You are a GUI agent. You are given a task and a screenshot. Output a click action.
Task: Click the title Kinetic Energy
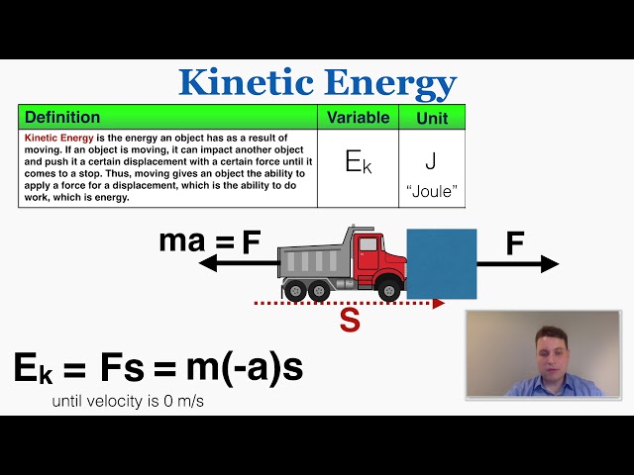tap(317, 82)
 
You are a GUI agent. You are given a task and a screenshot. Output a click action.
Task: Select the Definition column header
tap(62, 118)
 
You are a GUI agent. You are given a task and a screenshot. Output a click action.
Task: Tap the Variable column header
tap(358, 118)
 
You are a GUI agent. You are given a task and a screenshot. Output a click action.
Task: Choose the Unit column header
tap(431, 118)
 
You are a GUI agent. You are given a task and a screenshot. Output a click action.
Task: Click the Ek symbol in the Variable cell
tap(358, 162)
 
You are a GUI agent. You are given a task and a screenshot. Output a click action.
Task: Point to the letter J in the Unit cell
tap(431, 159)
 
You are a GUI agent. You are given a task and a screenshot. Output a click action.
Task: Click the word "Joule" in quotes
tap(431, 191)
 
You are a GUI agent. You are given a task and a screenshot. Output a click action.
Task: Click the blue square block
tap(441, 263)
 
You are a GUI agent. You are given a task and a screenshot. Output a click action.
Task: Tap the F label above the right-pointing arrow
tap(515, 243)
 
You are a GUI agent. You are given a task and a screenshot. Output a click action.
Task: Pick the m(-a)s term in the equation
tap(244, 368)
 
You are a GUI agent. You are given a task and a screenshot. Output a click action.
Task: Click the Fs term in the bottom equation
tap(123, 368)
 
